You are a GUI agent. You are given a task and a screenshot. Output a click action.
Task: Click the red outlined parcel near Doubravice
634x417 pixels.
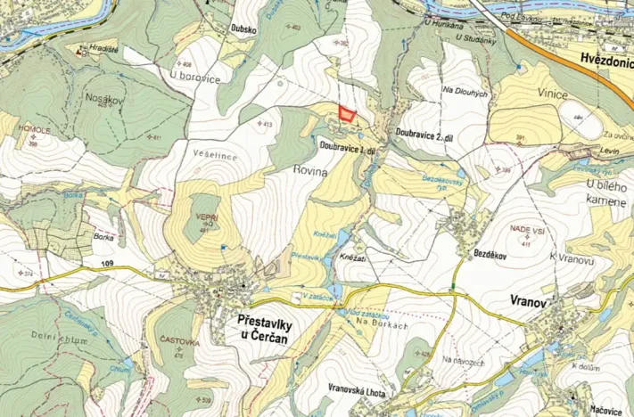click(x=346, y=114)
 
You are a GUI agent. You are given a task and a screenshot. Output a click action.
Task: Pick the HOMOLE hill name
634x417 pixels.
click(x=31, y=130)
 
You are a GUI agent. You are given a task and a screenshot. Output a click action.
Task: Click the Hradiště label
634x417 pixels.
click(x=103, y=49)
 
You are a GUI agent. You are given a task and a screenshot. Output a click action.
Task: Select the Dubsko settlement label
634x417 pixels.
click(x=244, y=28)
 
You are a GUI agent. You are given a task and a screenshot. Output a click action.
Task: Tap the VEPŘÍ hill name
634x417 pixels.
click(x=207, y=219)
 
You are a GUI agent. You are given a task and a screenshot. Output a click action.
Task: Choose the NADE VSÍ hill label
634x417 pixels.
click(x=526, y=229)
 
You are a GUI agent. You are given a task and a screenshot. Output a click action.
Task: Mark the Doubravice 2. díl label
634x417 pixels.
click(x=425, y=130)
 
